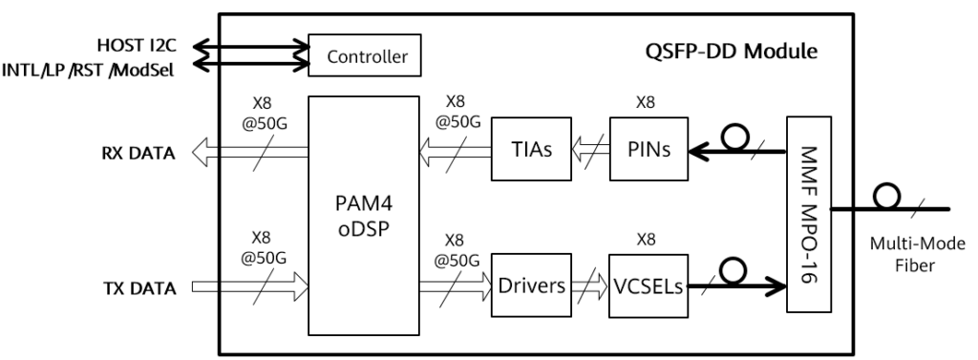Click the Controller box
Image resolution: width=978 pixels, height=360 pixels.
tap(368, 58)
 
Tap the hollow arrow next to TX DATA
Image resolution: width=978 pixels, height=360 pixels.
tap(248, 286)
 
